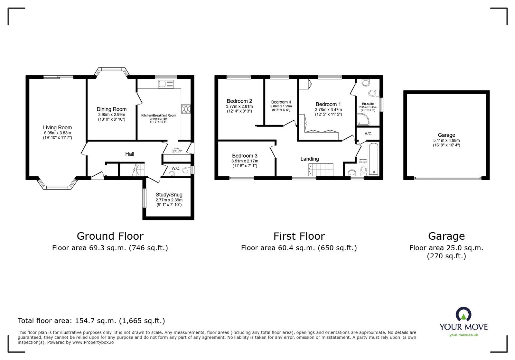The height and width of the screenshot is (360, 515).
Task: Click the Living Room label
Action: (x=57, y=127)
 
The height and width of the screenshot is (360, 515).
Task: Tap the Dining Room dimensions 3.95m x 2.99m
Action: (x=111, y=115)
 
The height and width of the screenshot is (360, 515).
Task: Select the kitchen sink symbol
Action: (x=166, y=84)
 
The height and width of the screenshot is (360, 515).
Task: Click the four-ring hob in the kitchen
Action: (x=186, y=109)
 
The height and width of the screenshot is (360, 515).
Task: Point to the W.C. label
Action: (x=176, y=168)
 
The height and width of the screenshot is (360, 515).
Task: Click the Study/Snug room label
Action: (x=169, y=195)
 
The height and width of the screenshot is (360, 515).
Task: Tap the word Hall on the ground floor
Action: (x=130, y=154)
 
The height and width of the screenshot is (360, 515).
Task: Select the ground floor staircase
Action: (x=136, y=170)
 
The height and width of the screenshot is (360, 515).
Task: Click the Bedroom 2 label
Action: (x=239, y=101)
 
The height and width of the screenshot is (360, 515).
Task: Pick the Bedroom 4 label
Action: (x=281, y=102)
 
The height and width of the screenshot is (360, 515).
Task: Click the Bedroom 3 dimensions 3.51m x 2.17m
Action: (x=245, y=161)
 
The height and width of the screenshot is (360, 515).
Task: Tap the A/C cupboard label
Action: (x=368, y=134)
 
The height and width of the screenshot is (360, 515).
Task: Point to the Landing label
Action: (x=309, y=159)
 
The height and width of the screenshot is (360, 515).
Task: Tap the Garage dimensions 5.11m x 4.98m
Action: (x=446, y=140)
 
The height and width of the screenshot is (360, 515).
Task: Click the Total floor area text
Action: (x=91, y=321)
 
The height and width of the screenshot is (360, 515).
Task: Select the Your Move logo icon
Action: (x=464, y=314)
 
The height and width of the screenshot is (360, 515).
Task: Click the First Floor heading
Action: (x=299, y=236)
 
